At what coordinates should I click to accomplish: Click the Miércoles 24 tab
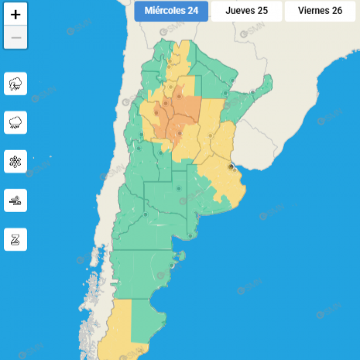(171, 11)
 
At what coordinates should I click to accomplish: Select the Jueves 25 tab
(247, 11)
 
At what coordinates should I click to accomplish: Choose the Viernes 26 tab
(320, 11)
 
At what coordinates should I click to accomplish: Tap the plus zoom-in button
(15, 15)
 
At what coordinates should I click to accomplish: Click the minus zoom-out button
(15, 38)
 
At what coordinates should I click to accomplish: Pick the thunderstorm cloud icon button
(15, 84)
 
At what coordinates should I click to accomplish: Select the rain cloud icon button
(15, 123)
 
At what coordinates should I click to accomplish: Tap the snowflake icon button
(15, 162)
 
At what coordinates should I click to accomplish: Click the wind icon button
(15, 201)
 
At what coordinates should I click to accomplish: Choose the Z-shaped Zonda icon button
(15, 239)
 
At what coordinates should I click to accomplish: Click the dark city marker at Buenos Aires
(231, 167)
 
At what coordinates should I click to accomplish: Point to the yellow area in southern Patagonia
(117, 331)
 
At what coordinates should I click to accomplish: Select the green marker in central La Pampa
(179, 188)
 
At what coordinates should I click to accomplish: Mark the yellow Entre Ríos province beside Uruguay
(224, 138)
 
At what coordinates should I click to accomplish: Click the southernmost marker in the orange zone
(180, 134)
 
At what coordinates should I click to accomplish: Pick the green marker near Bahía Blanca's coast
(190, 236)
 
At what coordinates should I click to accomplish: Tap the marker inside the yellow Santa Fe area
(211, 136)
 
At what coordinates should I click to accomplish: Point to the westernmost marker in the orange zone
(156, 113)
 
